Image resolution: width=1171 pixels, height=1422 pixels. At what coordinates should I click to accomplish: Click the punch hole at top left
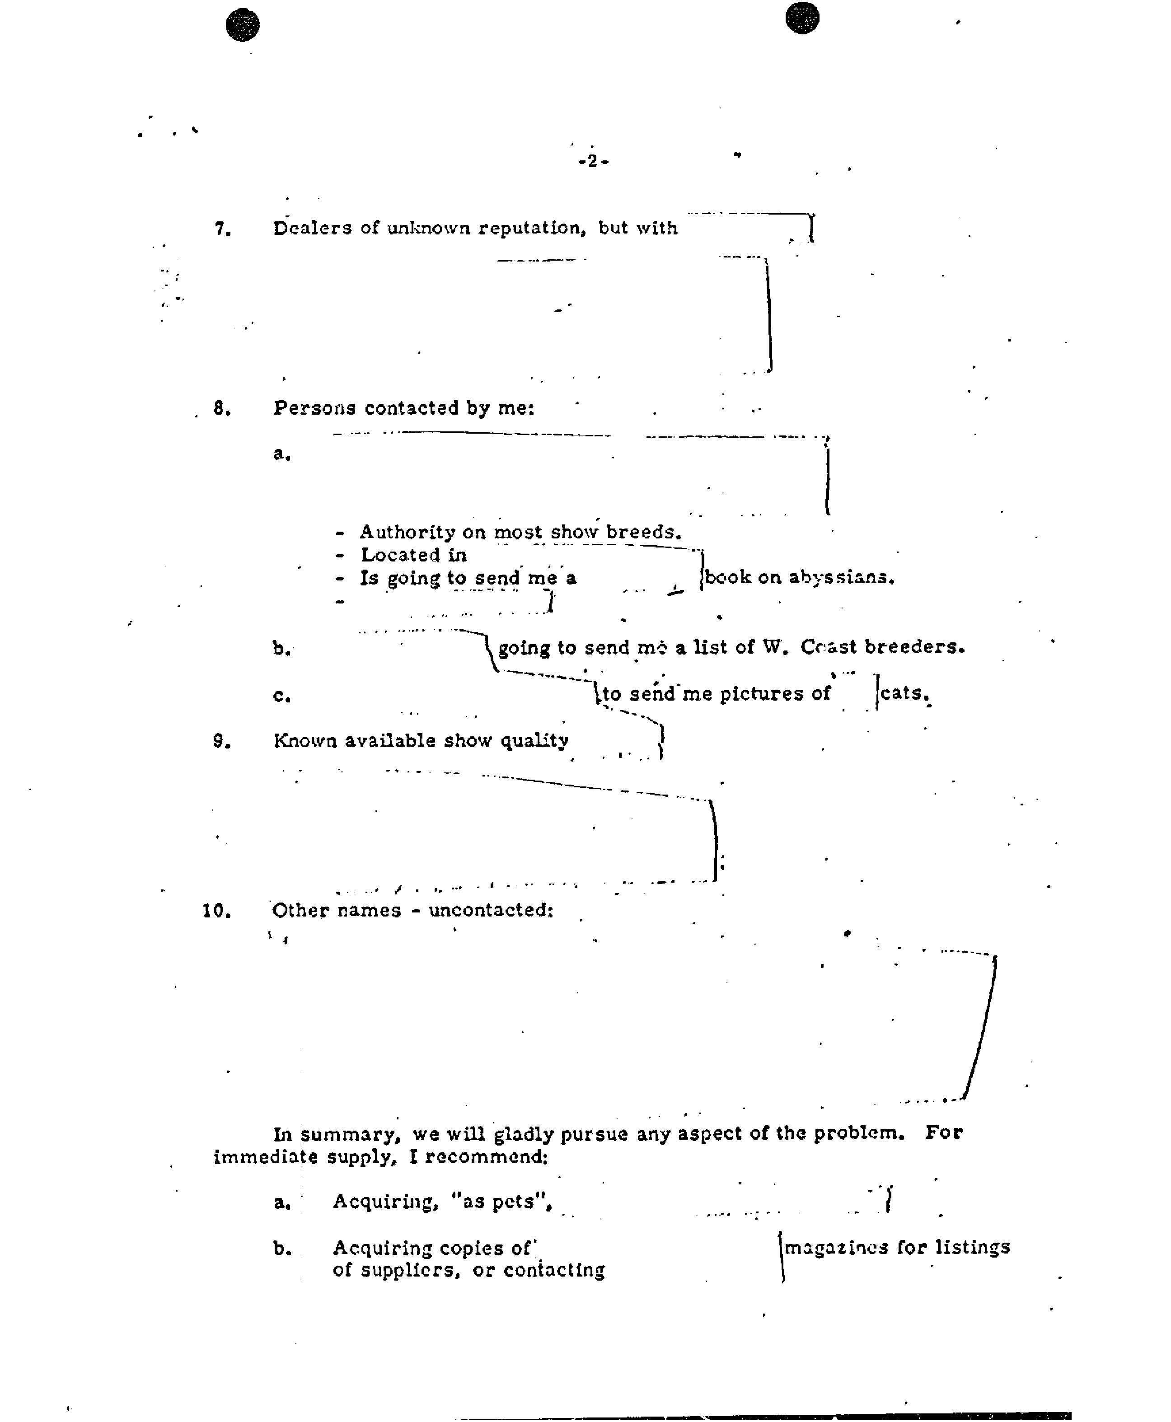[x=243, y=25]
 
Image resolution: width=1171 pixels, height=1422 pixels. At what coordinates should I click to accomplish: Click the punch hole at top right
[x=803, y=18]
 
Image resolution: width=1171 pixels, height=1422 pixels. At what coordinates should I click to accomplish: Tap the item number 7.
[x=223, y=229]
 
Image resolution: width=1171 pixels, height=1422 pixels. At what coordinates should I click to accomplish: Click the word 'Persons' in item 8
[x=314, y=408]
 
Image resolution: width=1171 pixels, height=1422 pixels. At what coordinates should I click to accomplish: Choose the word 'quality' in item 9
[x=534, y=741]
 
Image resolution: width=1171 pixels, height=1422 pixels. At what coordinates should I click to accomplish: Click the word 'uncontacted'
[x=491, y=911]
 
